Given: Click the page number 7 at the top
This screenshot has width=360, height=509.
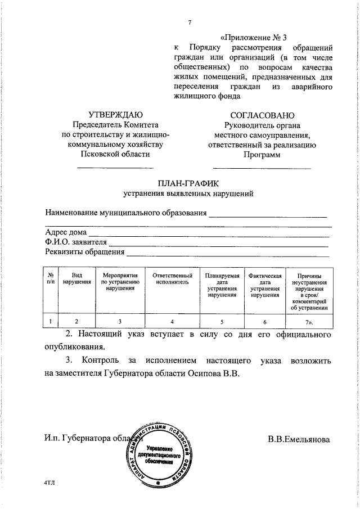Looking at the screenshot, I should (x=190, y=22).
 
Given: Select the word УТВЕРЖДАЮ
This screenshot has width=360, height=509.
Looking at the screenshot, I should (x=115, y=115).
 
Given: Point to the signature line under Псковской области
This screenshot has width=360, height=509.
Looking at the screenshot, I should (x=115, y=167).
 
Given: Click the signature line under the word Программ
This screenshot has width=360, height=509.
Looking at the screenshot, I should (x=262, y=168).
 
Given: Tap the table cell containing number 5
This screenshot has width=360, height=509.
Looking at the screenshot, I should (x=222, y=321).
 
